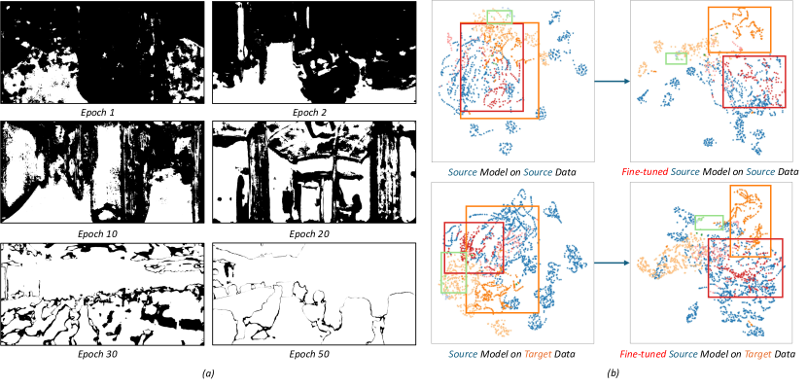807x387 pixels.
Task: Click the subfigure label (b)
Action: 614,373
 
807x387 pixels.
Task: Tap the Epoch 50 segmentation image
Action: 314,294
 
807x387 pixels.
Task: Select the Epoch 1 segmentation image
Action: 103,53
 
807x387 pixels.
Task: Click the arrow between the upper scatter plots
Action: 611,82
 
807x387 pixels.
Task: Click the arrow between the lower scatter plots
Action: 611,263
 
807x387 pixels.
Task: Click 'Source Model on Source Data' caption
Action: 512,172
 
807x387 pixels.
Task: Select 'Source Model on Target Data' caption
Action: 512,355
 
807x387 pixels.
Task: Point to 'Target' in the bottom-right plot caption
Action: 758,355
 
